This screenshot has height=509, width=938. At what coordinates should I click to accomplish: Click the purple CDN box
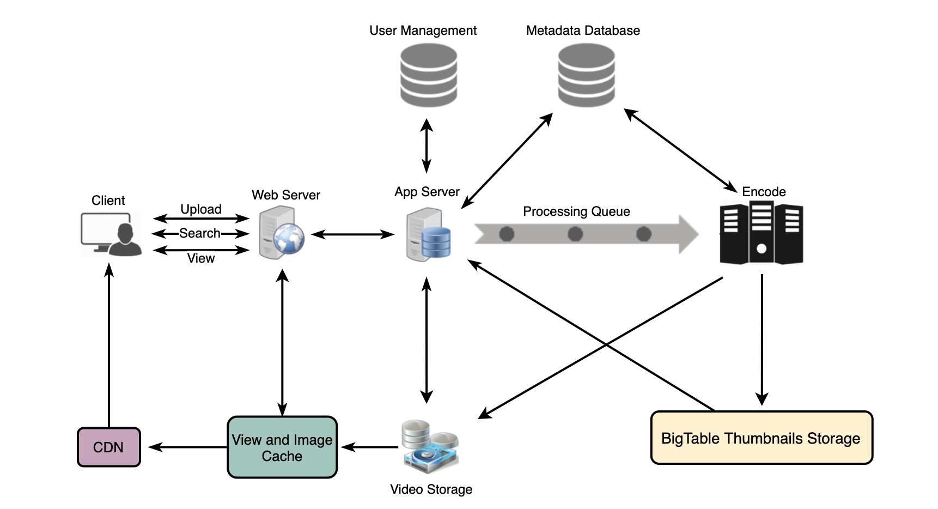click(109, 447)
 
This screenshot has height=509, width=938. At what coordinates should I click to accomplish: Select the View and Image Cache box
click(282, 447)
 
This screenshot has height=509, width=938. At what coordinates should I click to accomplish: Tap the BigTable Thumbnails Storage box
click(762, 438)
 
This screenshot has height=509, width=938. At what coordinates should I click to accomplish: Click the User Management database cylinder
click(428, 75)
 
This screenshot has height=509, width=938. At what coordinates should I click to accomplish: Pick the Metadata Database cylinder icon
click(586, 75)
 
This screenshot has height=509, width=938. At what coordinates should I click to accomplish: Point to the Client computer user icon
click(112, 234)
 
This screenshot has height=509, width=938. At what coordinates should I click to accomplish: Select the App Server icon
click(429, 235)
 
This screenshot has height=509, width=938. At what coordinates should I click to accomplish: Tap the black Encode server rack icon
click(761, 233)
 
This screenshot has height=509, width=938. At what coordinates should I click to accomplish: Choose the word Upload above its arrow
click(201, 209)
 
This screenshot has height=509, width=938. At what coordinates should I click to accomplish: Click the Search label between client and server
click(200, 233)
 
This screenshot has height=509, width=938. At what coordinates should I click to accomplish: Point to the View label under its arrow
click(201, 258)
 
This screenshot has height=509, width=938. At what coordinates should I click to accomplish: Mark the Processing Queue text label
click(576, 211)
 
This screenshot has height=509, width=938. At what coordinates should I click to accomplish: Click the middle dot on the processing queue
click(575, 234)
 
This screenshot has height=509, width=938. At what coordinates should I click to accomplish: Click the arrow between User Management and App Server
click(427, 146)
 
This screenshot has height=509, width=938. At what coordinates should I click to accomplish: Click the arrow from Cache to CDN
click(188, 447)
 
